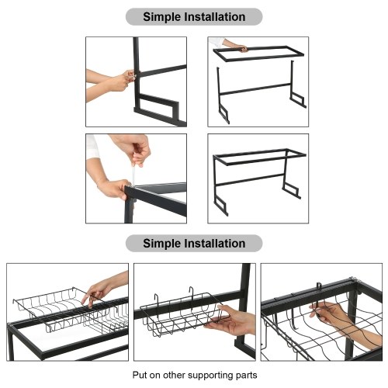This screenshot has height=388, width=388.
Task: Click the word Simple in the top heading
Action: (x=161, y=17)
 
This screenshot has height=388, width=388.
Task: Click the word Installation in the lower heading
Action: (x=215, y=244)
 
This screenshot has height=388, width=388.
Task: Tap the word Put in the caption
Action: (x=140, y=375)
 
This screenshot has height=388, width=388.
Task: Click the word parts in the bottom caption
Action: (x=247, y=376)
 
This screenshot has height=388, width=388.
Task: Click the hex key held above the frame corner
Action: (x=133, y=172)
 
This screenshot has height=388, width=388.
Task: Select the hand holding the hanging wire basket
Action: (x=231, y=320)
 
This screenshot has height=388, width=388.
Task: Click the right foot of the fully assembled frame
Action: (x=292, y=189)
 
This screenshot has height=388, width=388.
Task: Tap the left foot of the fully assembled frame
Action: (x=221, y=205)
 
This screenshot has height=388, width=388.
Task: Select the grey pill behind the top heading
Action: (x=194, y=17)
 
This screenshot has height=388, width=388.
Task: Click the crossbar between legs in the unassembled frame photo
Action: (x=255, y=89)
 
